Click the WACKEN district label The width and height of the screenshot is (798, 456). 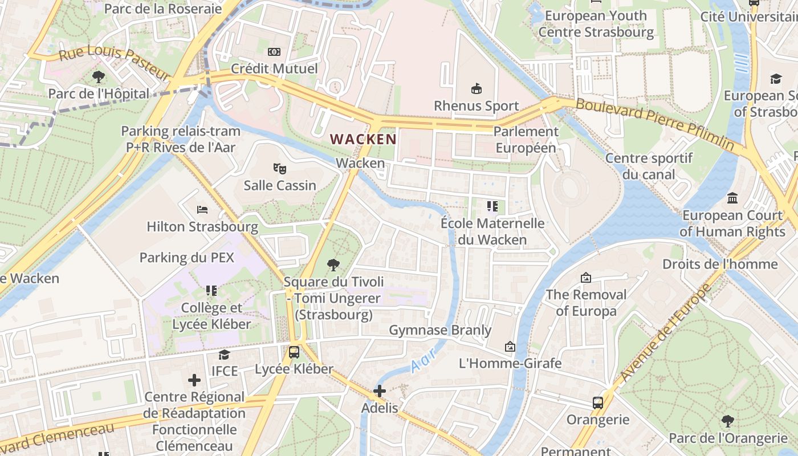(363, 139)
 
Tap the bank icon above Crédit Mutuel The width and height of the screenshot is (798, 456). (274, 52)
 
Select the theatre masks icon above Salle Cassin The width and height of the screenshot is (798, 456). (279, 168)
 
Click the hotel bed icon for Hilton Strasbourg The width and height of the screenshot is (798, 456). (202, 210)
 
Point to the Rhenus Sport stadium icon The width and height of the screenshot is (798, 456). (476, 88)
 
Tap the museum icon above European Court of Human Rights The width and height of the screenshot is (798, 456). (732, 198)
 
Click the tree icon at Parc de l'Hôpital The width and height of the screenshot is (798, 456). (99, 76)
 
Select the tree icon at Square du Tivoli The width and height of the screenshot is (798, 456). (333, 264)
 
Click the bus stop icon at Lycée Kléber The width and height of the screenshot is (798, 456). (294, 352)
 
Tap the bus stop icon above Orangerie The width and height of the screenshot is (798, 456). (598, 403)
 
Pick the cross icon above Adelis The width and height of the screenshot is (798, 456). (380, 392)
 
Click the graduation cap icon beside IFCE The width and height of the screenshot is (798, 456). (225, 355)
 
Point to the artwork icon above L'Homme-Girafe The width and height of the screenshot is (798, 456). (510, 347)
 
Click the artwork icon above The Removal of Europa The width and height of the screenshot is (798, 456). (585, 278)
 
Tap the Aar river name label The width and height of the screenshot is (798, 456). (423, 360)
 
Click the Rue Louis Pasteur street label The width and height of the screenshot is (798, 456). (114, 62)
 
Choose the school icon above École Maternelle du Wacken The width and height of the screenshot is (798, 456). (492, 206)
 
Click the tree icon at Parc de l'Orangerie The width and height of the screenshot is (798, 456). (727, 421)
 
